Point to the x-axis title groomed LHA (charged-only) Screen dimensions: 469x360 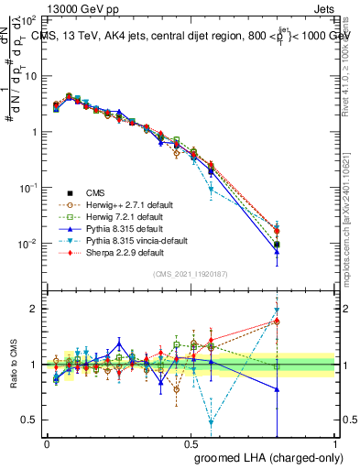[265, 455]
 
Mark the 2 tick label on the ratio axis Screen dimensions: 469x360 [35, 309]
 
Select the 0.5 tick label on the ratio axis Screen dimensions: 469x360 [29, 420]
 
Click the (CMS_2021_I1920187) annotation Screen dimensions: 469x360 [191, 274]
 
